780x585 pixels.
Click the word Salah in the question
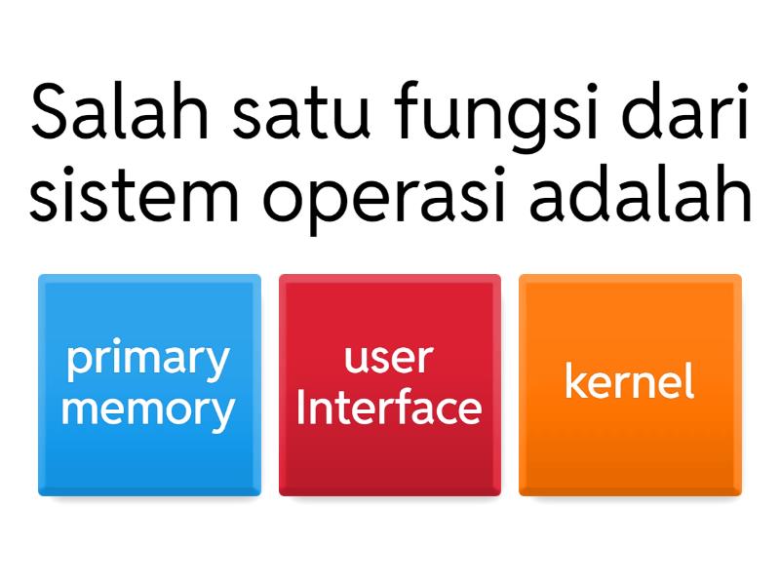pyautogui.click(x=119, y=114)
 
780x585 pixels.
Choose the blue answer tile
pyautogui.click(x=149, y=385)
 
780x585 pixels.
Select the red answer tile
pyautogui.click(x=389, y=385)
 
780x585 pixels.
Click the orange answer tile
pyautogui.click(x=630, y=385)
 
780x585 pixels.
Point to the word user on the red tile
pyautogui.click(x=388, y=359)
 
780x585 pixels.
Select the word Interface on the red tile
pyautogui.click(x=388, y=408)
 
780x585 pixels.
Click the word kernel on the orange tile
pyautogui.click(x=630, y=382)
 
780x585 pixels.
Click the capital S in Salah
pyautogui.click(x=49, y=114)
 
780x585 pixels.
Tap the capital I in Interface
pyautogui.click(x=300, y=408)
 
